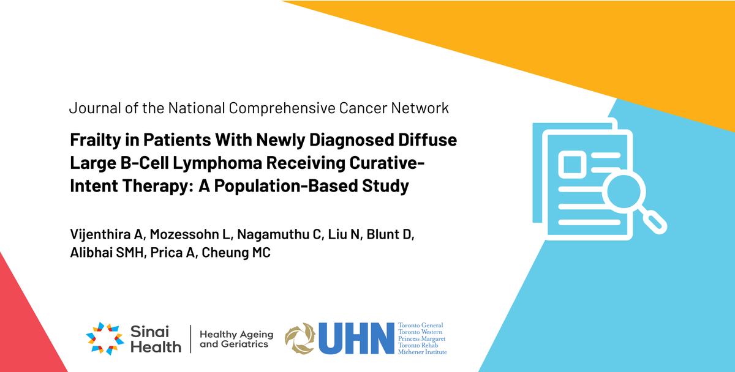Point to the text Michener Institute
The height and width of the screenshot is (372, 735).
point(422,352)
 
